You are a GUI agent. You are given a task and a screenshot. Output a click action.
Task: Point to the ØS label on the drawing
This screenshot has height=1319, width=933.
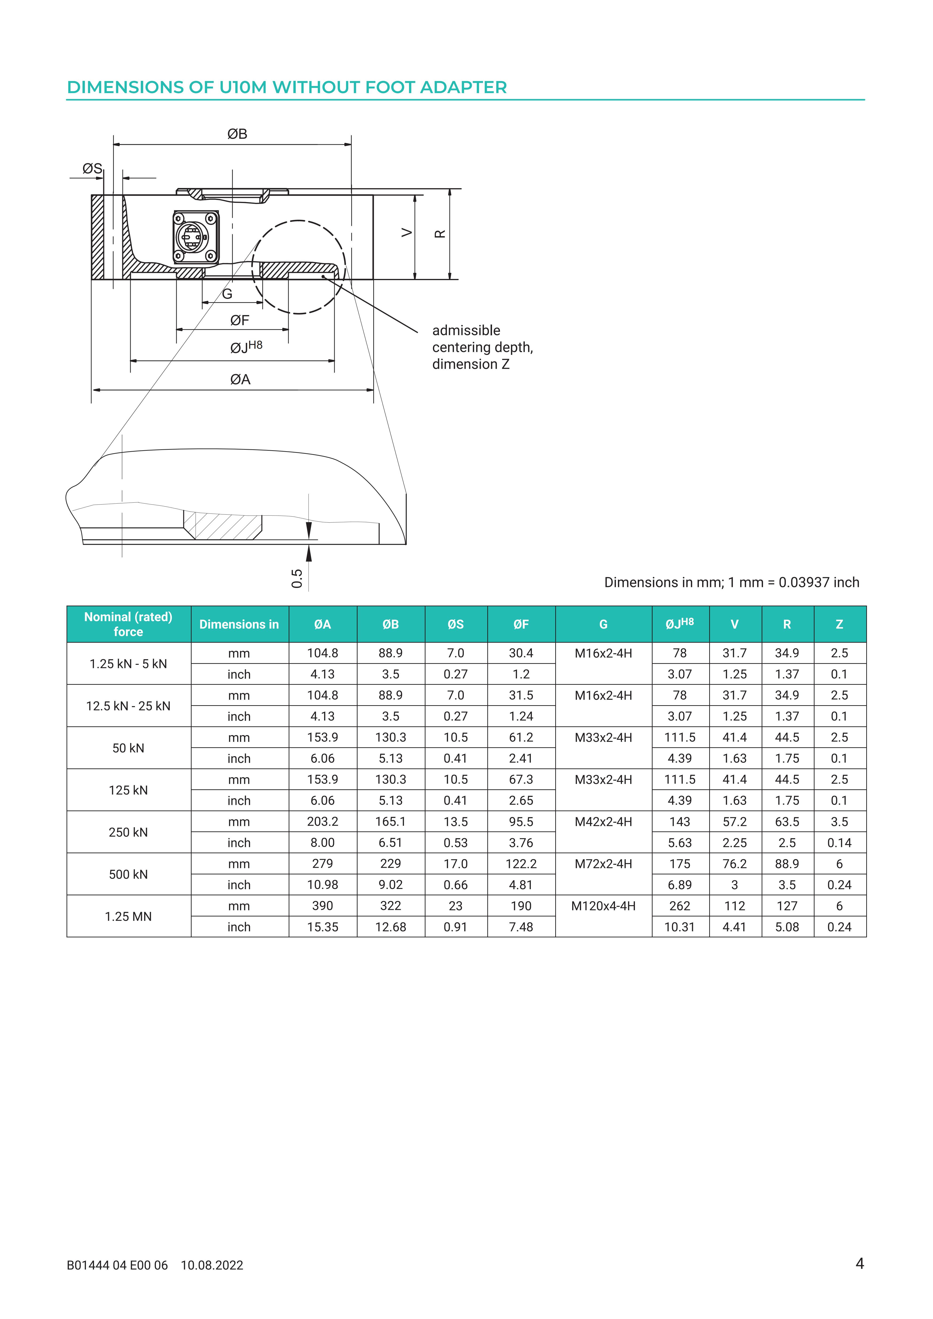point(92,168)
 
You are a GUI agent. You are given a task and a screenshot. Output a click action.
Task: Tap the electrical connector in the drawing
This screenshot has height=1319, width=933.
point(195,236)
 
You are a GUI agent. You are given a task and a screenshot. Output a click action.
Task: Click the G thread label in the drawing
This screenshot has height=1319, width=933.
point(227,294)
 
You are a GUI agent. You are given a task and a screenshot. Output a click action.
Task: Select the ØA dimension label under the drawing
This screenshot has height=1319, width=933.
point(240,380)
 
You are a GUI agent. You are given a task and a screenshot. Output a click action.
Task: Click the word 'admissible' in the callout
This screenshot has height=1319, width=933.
point(466,330)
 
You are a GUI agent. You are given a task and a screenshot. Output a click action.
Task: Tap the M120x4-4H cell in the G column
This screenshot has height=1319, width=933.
point(603,906)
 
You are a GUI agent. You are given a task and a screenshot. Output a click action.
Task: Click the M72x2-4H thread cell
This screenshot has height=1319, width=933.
point(603,864)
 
